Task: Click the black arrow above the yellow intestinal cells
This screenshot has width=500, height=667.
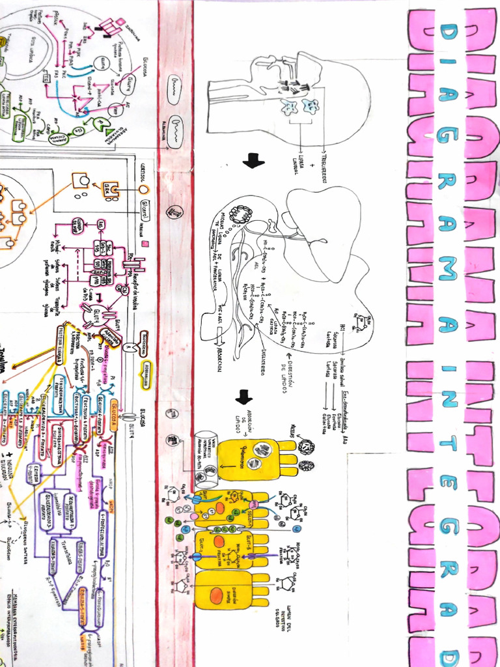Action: click(x=245, y=396)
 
